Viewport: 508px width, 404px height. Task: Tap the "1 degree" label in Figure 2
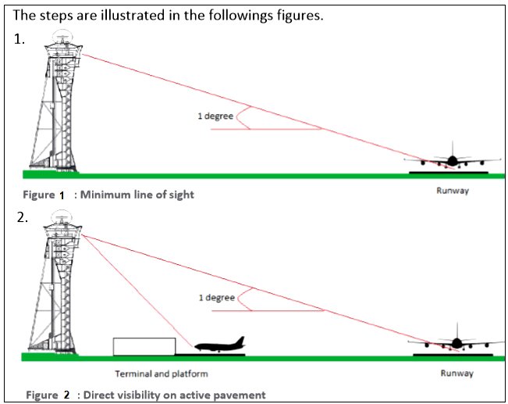coord(216,297)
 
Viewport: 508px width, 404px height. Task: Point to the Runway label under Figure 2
coord(457,374)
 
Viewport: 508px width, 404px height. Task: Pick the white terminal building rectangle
coord(144,346)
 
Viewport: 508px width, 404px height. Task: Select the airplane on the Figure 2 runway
coord(456,341)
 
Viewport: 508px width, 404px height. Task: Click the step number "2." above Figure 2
coord(22,218)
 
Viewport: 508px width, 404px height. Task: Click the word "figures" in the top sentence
coord(295,16)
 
